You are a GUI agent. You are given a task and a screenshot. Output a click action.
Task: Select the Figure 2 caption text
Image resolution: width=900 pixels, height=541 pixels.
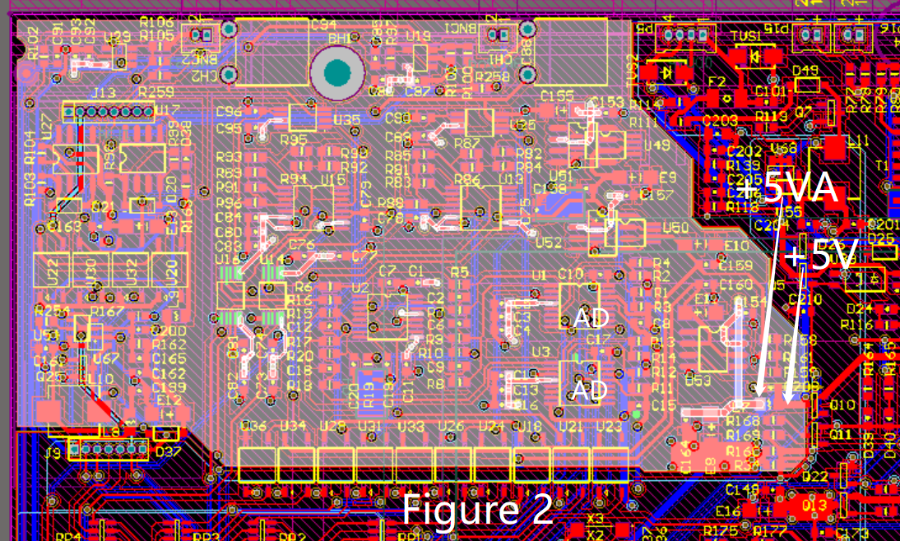(x=476, y=510)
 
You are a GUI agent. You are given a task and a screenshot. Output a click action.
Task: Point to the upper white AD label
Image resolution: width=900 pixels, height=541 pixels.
(x=593, y=317)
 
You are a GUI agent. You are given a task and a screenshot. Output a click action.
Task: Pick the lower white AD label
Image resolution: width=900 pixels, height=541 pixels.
(x=590, y=389)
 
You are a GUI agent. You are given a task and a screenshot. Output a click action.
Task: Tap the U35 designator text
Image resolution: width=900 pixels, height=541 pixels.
(x=346, y=120)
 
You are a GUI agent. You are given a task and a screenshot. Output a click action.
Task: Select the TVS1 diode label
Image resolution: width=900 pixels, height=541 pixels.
(x=746, y=36)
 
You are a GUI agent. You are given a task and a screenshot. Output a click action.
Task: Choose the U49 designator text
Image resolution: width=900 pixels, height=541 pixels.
(x=656, y=146)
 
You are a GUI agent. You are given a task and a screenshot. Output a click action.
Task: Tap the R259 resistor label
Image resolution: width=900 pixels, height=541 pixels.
(x=156, y=92)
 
